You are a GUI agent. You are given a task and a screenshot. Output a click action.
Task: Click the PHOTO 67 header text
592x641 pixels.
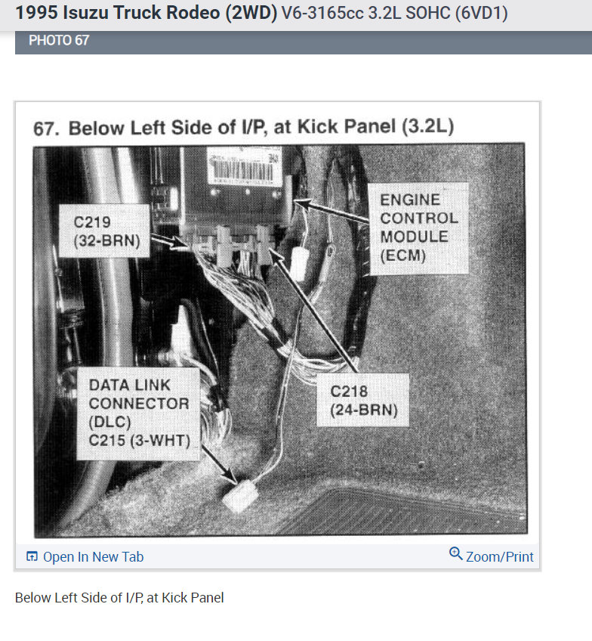pos(59,40)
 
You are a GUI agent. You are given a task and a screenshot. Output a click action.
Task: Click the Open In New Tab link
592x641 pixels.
pos(92,557)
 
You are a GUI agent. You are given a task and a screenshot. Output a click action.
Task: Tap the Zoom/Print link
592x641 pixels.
pos(499,557)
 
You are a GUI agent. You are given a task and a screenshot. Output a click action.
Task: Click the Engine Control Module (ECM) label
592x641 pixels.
pos(418,228)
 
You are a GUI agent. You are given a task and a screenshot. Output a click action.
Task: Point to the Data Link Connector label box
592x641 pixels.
pos(138,413)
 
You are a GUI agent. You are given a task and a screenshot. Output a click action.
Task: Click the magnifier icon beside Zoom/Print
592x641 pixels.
pos(455,554)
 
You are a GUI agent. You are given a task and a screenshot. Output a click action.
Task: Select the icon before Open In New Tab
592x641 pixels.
pos(32,557)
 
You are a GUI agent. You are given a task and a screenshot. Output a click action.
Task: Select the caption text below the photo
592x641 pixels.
pos(119,598)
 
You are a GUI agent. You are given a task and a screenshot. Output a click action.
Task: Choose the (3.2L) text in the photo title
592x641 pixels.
pos(428,125)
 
